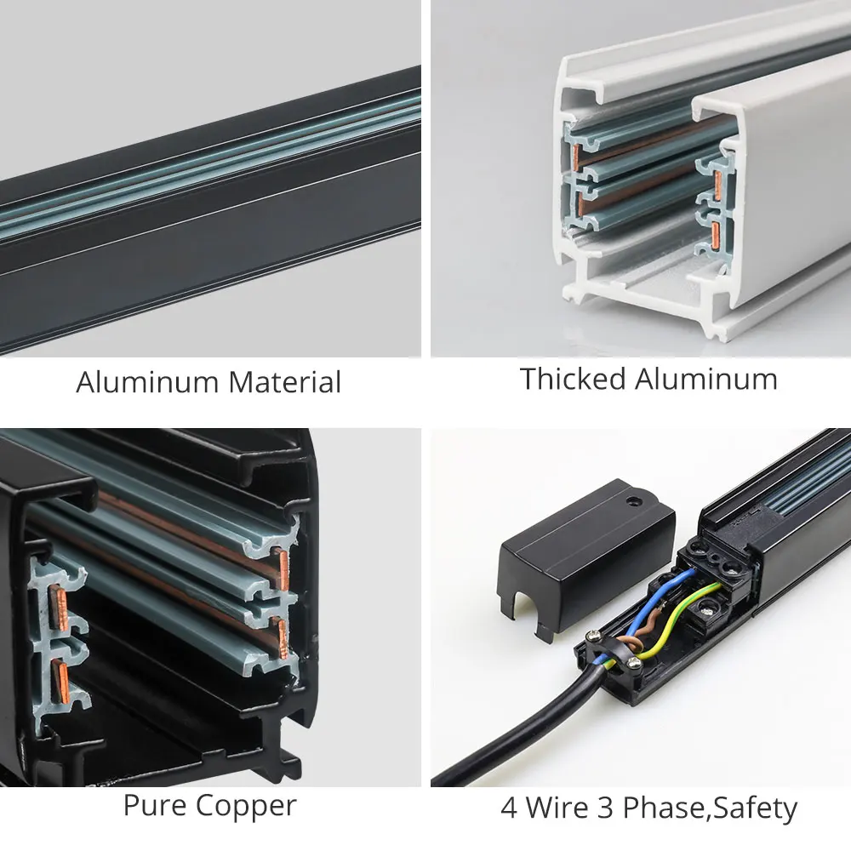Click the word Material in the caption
285,382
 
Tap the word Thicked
573,379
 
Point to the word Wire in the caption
557,808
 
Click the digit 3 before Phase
605,808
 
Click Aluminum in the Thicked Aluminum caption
706,379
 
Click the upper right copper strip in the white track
717,185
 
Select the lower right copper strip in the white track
715,237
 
